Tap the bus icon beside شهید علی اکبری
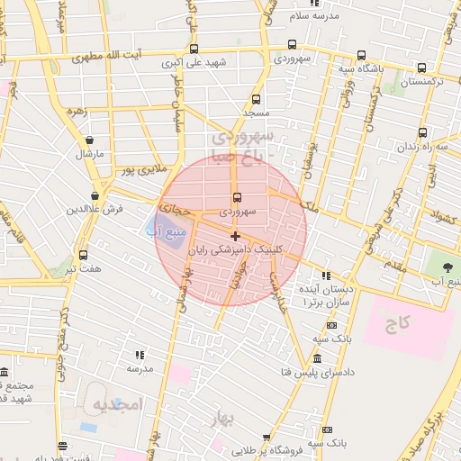[194, 50]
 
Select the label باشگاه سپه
[358, 68]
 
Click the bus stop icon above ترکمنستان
[422, 68]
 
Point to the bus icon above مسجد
[256, 100]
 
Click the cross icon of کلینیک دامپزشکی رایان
[235, 236]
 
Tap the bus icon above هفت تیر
[83, 255]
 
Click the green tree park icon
[447, 267]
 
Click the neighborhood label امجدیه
[117, 405]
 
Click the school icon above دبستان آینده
[325, 276]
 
